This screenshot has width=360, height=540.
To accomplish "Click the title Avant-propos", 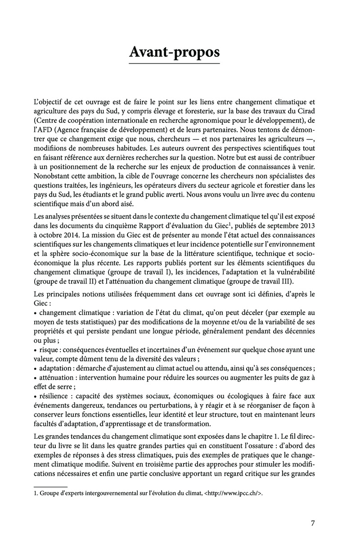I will (175, 52).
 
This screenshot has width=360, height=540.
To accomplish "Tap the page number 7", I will (313, 523).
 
